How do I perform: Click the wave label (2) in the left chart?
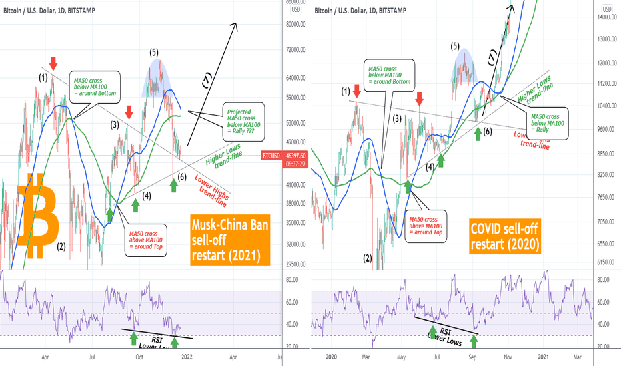tap(61, 247)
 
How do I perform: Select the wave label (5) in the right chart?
tap(455, 47)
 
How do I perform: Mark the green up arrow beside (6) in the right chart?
tap(478, 132)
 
